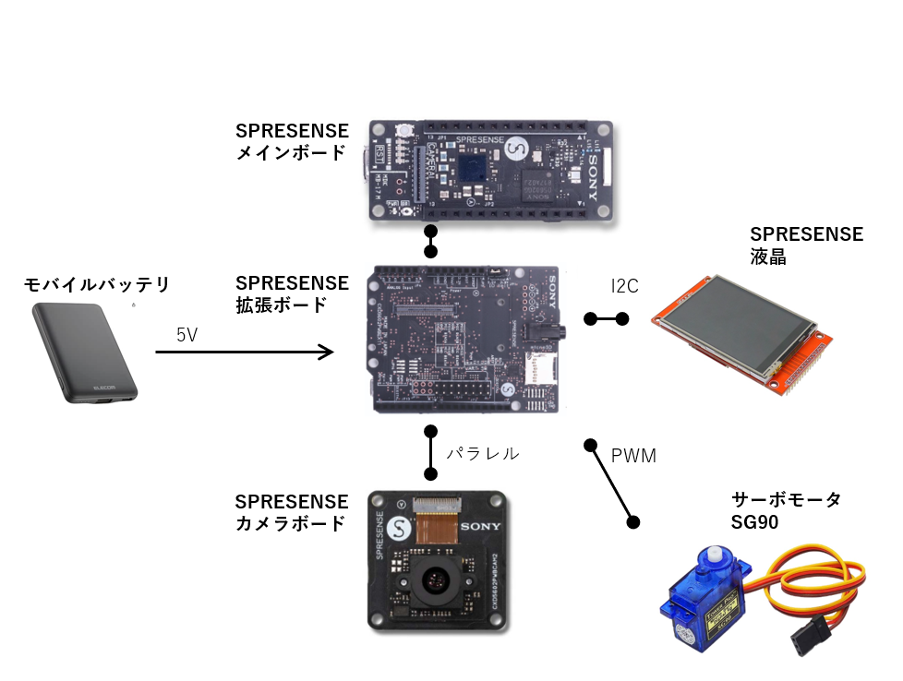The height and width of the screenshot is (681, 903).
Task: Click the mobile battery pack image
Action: point(86,352)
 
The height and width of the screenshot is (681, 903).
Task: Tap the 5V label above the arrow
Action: point(187,335)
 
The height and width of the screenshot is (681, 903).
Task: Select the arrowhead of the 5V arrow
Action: point(326,352)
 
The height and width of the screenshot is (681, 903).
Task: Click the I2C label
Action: point(625,286)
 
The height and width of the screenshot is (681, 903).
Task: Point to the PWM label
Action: point(633,456)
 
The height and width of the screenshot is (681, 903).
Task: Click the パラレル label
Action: point(483,454)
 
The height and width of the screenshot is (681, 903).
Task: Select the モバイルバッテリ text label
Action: point(97,284)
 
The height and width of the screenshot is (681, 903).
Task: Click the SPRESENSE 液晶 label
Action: point(805,245)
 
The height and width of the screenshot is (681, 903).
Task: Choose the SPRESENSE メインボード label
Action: point(292,142)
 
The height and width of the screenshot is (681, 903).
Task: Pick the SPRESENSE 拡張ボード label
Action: point(292,293)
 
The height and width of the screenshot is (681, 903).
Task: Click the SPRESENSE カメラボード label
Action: point(292,513)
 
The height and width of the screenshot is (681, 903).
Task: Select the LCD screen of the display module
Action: point(735,329)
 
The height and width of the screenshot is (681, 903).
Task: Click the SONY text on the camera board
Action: point(480,527)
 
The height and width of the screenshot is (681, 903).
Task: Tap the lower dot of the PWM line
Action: point(633,521)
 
